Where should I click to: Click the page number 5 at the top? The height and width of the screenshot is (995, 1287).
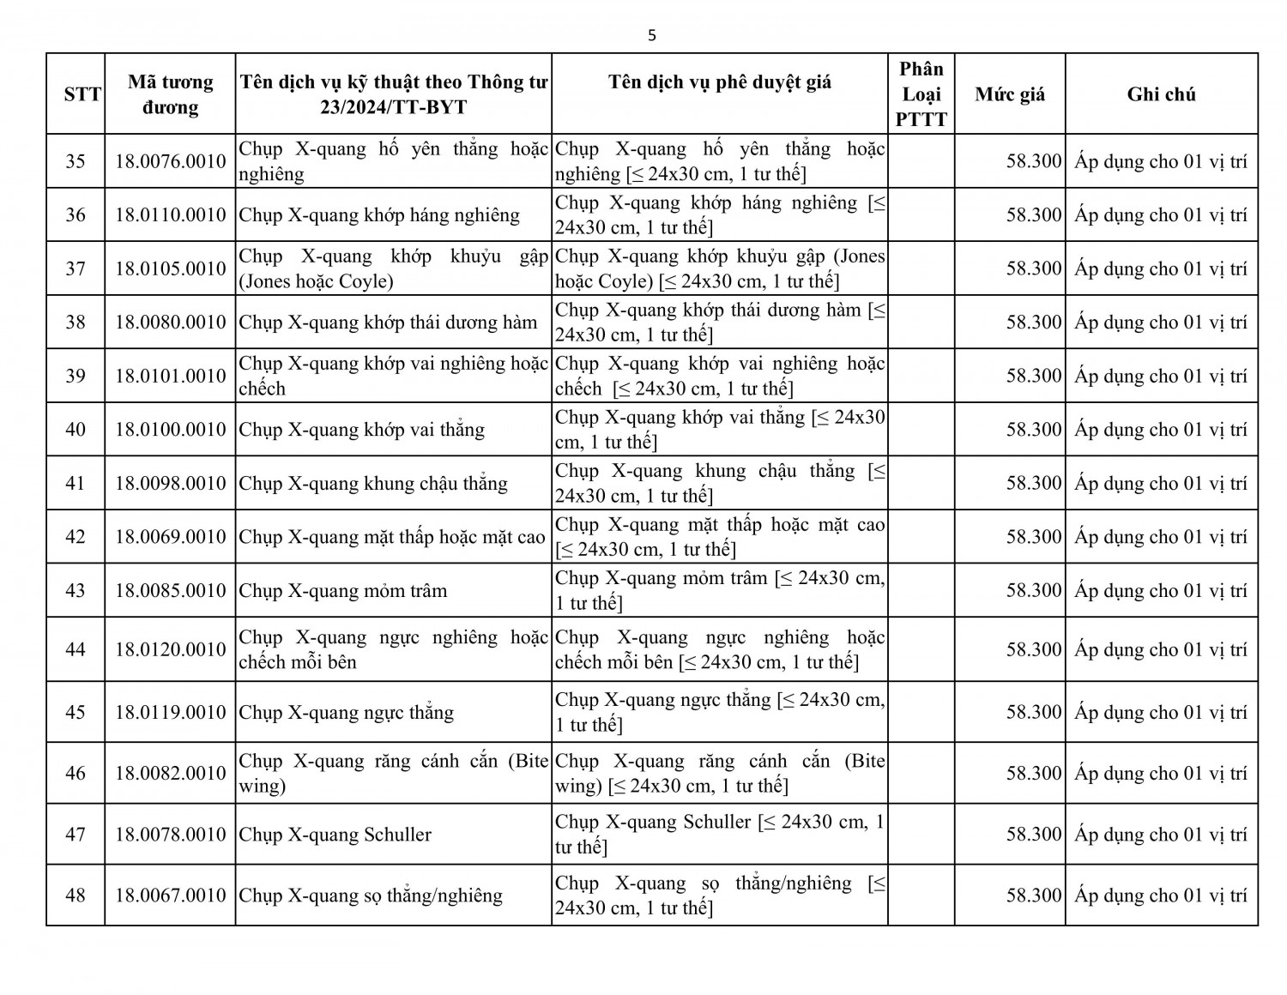click(652, 35)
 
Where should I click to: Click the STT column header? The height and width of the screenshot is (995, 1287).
click(82, 94)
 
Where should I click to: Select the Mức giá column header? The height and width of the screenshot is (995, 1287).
click(1010, 94)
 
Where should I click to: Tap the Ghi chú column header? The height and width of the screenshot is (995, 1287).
click(1161, 94)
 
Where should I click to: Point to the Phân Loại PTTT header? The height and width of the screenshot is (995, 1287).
click(921, 94)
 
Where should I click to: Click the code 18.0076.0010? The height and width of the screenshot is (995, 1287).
click(171, 161)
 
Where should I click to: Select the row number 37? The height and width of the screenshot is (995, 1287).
click(76, 268)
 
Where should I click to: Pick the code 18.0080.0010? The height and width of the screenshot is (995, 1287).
click(171, 323)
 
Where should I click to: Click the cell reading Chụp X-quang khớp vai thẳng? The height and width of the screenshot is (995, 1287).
click(361, 430)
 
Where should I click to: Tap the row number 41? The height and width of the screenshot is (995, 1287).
click(76, 483)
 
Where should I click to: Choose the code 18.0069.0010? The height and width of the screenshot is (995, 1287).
click(171, 537)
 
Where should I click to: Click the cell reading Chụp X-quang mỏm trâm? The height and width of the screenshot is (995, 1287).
click(343, 591)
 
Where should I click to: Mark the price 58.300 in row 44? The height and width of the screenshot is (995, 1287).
click(1034, 649)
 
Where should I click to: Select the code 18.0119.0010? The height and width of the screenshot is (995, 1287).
click(171, 712)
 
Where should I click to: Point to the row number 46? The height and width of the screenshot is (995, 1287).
click(76, 773)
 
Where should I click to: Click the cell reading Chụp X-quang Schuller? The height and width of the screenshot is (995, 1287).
click(335, 835)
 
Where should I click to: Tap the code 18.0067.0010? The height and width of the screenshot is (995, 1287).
click(171, 895)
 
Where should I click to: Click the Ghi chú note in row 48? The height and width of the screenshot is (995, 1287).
click(1161, 895)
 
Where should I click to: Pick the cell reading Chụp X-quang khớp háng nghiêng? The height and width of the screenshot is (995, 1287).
click(379, 215)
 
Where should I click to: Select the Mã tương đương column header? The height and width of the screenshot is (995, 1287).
click(171, 94)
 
